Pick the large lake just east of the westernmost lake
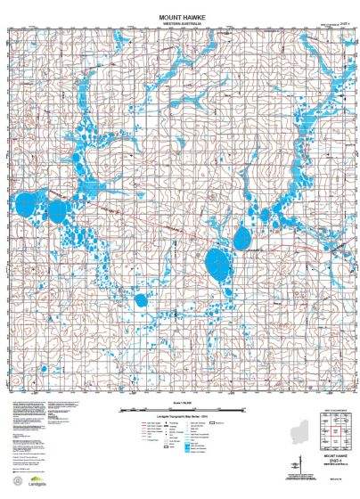point(58,211)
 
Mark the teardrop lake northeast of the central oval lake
point(241,238)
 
